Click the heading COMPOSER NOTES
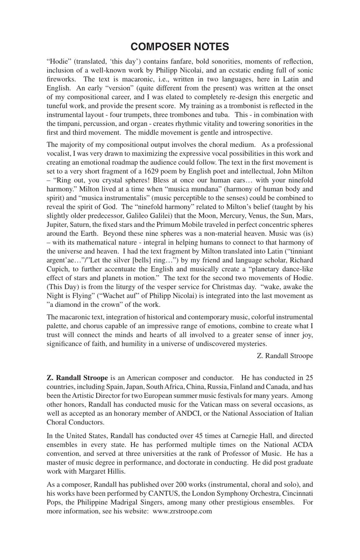[180, 47]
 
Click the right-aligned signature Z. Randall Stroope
[285, 356]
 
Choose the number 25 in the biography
[309, 378]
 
